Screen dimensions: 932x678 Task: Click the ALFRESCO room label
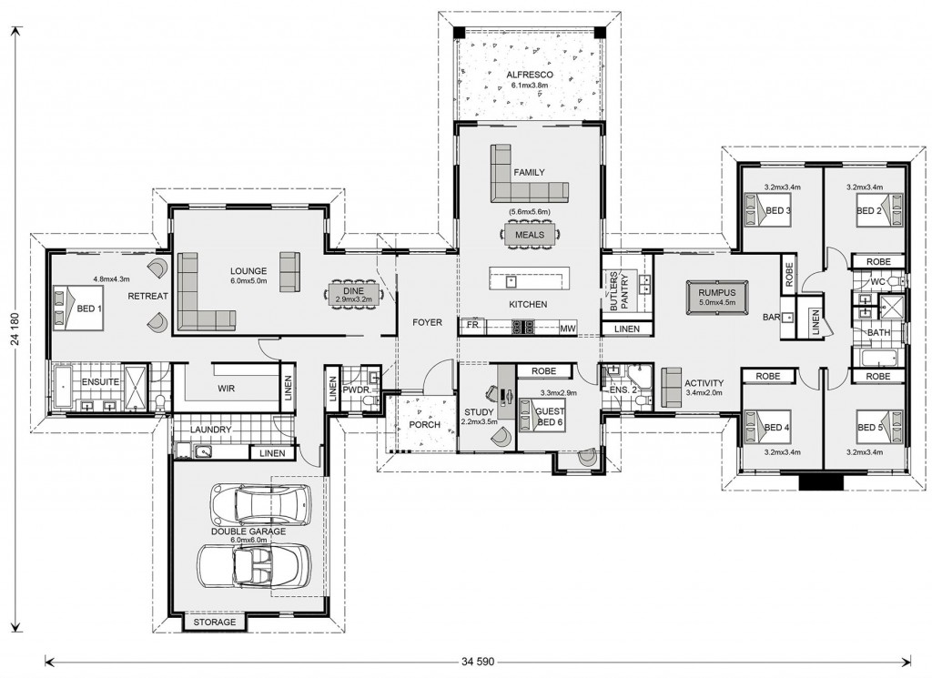tap(530, 75)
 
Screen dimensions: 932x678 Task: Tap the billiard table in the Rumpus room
tap(716, 296)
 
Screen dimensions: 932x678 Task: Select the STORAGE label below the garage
tap(215, 622)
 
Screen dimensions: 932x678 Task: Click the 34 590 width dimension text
tap(478, 661)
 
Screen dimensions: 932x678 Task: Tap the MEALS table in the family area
tap(530, 234)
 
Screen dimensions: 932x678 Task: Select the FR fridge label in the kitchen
tap(472, 325)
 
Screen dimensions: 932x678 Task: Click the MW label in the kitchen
tap(567, 328)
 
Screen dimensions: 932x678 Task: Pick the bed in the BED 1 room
tap(79, 309)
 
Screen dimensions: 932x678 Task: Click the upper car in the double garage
tap(261, 505)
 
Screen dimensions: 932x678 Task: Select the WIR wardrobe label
tap(226, 389)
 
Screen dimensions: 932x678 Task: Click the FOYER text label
tap(428, 322)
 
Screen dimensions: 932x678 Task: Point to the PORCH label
tap(424, 424)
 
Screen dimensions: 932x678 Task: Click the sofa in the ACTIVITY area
tap(672, 388)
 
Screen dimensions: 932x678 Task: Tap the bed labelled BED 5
tap(878, 428)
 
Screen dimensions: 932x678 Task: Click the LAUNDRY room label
tap(210, 430)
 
